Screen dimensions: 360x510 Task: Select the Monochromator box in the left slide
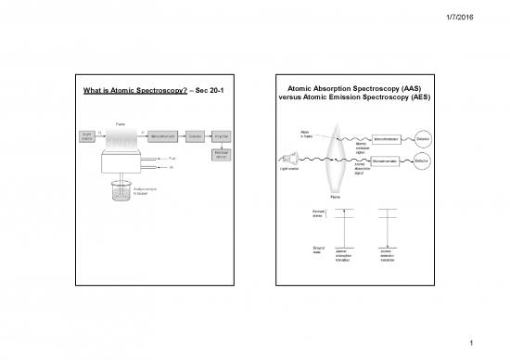pos(154,137)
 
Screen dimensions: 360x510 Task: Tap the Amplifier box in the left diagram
pos(223,137)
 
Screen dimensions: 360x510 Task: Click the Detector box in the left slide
pos(194,137)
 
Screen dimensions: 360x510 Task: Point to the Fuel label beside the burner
pos(172,158)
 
